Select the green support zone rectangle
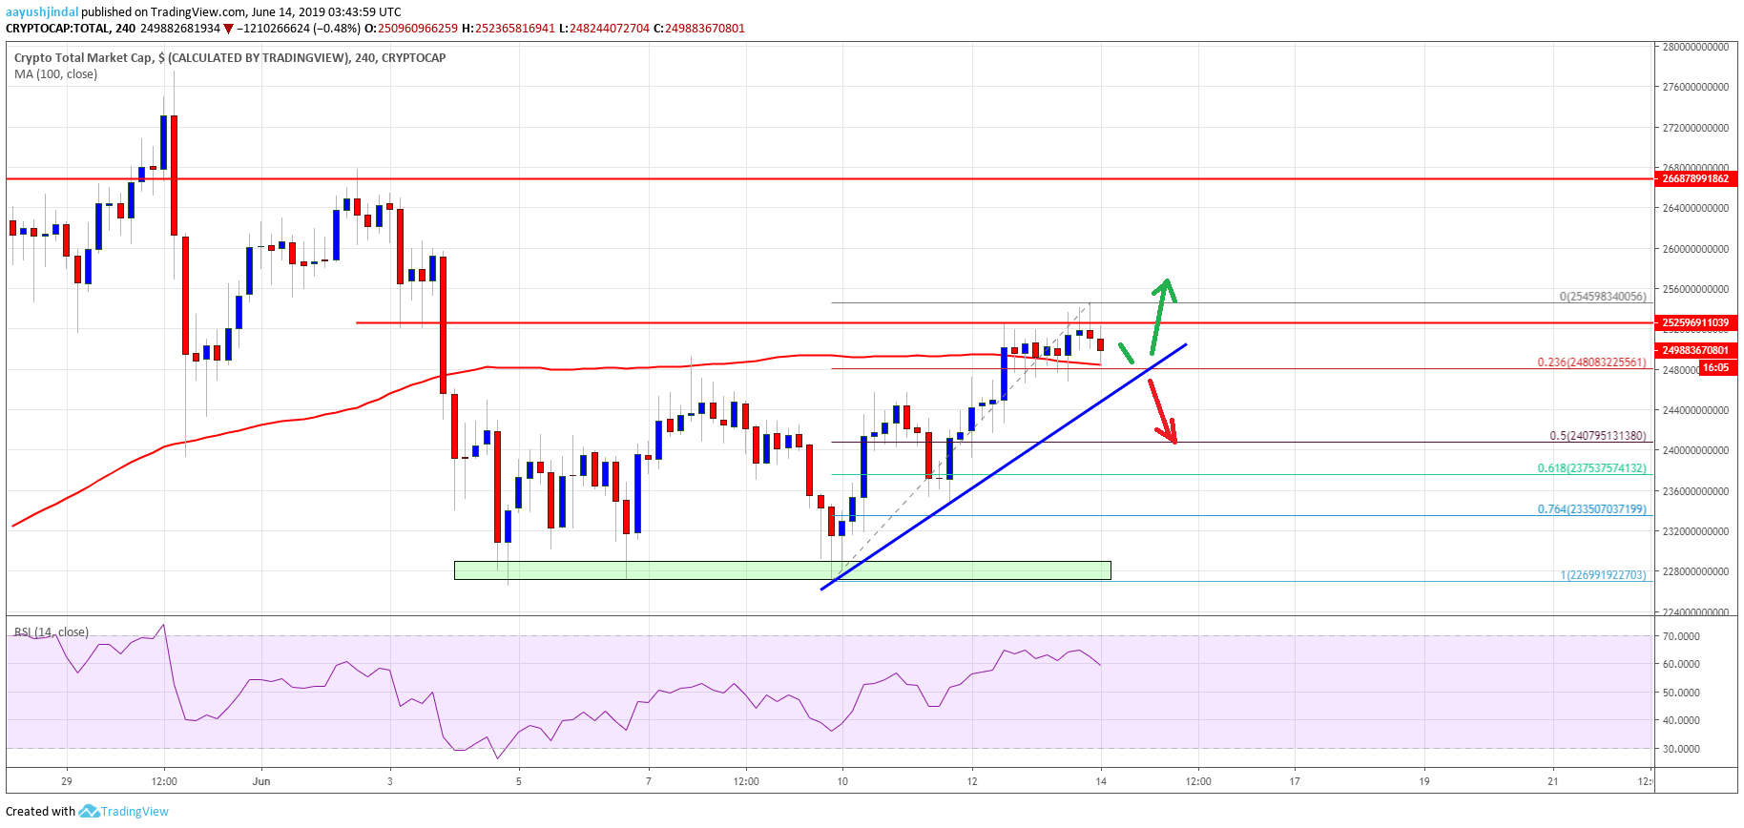[782, 570]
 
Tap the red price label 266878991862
[1695, 178]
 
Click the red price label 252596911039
[1695, 322]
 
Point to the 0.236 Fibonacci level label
[1591, 362]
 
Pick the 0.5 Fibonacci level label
[1597, 436]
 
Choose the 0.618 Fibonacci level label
[1591, 468]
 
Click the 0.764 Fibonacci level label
[1591, 509]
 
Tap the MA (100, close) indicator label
[55, 74]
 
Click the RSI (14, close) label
[52, 632]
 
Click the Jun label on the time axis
[261, 781]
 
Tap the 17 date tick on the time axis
[1295, 781]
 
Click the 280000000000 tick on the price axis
[1695, 47]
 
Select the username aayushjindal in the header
[42, 12]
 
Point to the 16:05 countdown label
[1715, 368]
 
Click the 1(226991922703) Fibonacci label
[1603, 575]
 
